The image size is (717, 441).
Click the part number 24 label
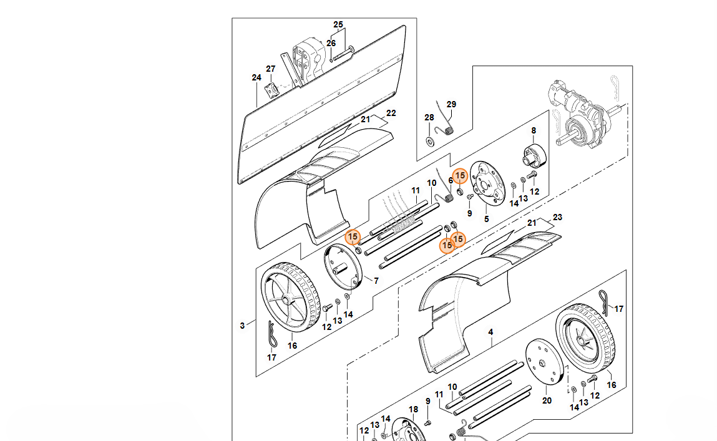256,78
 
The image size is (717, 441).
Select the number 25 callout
338,25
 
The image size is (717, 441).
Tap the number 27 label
271,69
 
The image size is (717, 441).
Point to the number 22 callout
391,114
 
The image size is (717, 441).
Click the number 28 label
429,117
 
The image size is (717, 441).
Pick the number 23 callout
558,218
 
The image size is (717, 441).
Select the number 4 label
490,332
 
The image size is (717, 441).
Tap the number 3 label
242,325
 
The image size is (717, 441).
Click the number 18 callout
413,410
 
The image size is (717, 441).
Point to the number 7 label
376,281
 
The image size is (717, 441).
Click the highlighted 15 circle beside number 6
460,176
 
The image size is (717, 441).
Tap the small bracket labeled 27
271,89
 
